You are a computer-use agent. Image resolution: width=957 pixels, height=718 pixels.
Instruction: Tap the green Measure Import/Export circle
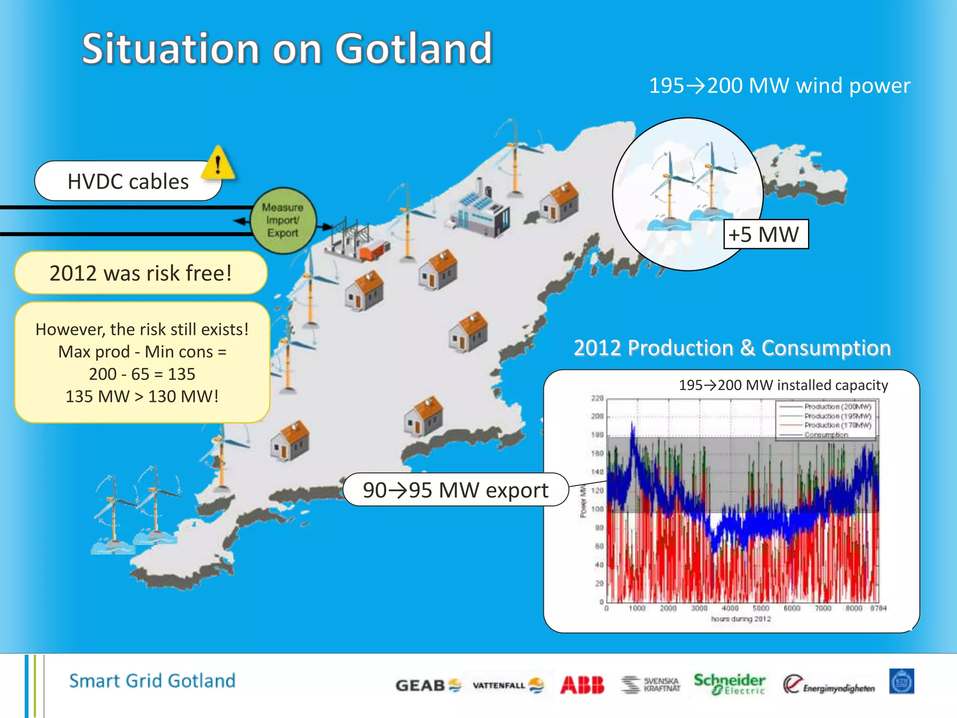click(x=283, y=220)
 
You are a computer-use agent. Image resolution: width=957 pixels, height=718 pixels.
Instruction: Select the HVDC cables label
click(x=128, y=181)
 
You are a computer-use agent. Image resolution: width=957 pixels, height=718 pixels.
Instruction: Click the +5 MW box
click(x=765, y=234)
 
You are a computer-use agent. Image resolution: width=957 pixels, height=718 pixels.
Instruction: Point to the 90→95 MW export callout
click(x=455, y=490)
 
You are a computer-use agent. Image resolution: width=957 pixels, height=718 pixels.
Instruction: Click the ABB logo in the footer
click(x=582, y=685)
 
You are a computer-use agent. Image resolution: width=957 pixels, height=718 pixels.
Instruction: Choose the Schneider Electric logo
click(x=729, y=684)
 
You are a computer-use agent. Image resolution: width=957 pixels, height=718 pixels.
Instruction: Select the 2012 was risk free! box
click(x=141, y=273)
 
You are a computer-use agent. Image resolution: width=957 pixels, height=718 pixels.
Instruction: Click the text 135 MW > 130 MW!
click(x=142, y=396)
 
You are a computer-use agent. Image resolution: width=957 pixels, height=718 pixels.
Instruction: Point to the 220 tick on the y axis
click(x=597, y=398)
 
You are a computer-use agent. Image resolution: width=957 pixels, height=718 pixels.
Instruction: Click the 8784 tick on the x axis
click(x=878, y=608)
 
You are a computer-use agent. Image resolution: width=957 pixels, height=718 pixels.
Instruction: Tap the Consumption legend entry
click(x=826, y=435)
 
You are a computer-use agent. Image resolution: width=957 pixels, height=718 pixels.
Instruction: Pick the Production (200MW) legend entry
click(x=837, y=407)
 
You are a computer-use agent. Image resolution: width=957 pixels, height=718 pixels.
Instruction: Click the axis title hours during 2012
click(x=741, y=619)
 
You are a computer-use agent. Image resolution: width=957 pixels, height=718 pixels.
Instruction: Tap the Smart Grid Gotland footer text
click(x=152, y=681)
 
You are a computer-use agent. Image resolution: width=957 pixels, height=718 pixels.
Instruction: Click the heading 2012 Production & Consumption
click(x=732, y=348)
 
